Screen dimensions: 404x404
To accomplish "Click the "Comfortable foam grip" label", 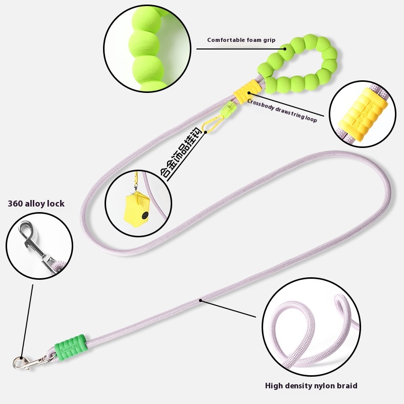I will point(241,40).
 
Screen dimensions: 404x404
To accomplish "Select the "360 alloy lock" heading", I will point(36,204).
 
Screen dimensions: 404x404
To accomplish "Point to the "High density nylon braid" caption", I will point(311,386).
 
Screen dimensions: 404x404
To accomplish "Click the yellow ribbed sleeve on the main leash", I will point(242,92).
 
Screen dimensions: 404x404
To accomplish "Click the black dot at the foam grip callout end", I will point(285,49).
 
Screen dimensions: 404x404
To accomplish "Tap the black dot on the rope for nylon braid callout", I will point(201,301).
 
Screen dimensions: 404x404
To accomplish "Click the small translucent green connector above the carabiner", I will point(231,107).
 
